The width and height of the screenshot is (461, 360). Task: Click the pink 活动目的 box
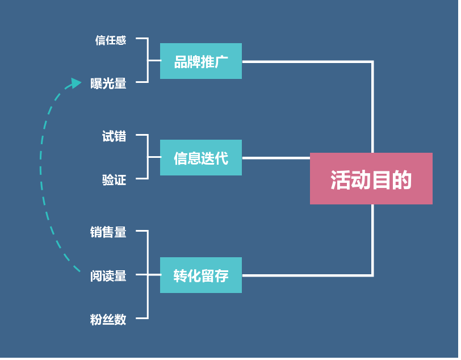click(x=371, y=178)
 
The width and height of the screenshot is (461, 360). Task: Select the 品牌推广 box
click(x=200, y=61)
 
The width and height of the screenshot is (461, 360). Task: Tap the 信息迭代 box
click(x=200, y=158)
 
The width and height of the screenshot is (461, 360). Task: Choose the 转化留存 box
click(x=200, y=275)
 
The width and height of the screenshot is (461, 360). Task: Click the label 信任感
click(x=111, y=40)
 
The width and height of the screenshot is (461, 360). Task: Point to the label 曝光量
click(x=108, y=84)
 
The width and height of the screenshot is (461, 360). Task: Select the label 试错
click(x=114, y=136)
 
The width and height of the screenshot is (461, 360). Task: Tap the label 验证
click(x=114, y=180)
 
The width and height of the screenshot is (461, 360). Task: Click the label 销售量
click(x=108, y=232)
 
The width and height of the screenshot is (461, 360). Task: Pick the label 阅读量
click(x=108, y=276)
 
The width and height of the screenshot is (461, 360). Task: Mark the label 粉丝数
click(x=108, y=320)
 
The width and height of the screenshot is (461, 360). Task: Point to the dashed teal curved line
click(x=41, y=170)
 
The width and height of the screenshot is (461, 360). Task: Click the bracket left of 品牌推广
click(x=148, y=60)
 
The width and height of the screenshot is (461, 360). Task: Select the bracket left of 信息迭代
click(x=148, y=157)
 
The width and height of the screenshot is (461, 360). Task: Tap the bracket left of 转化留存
click(x=148, y=275)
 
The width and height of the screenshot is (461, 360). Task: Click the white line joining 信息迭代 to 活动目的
click(x=275, y=158)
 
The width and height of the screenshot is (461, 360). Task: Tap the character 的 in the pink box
click(x=402, y=180)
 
